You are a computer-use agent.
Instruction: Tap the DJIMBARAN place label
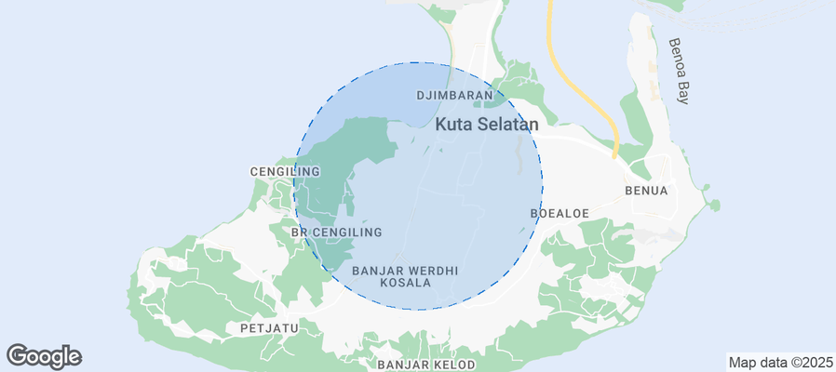(x=453, y=96)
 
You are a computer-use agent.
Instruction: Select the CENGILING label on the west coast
(x=285, y=172)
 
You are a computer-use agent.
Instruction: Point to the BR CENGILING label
(x=336, y=232)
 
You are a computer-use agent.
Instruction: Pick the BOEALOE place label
(x=560, y=213)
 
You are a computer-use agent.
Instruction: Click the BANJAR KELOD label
(x=427, y=364)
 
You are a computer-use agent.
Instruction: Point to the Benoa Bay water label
(x=681, y=71)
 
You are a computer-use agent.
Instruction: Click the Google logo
(x=44, y=355)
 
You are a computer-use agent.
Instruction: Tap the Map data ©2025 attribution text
(x=779, y=363)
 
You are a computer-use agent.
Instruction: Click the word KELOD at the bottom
(x=453, y=364)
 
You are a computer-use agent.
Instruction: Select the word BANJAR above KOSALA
(x=377, y=271)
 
